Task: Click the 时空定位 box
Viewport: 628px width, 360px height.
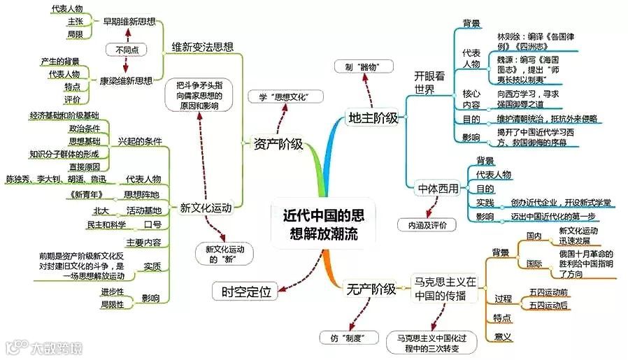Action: tap(245, 291)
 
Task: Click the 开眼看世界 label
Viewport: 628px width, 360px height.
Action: tap(429, 82)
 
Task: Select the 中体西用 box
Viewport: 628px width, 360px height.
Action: tap(438, 189)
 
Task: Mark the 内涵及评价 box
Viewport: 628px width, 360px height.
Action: tap(427, 225)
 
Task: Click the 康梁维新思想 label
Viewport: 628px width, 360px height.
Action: tap(125, 80)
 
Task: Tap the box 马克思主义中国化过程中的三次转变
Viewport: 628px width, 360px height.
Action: tap(428, 341)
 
